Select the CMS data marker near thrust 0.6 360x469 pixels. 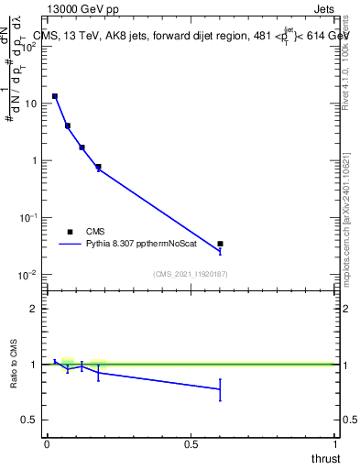[220, 244]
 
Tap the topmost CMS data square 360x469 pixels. [55, 96]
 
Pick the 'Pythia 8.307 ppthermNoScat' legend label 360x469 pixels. [137, 245]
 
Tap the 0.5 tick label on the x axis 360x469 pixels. [191, 444]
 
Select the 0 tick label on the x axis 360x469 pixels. [47, 444]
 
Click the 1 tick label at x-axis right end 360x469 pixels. [334, 444]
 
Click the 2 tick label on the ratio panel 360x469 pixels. [34, 309]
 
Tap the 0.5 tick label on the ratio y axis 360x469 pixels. [29, 420]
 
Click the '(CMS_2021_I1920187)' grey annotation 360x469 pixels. [191, 273]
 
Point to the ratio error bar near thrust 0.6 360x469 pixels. [220, 389]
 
